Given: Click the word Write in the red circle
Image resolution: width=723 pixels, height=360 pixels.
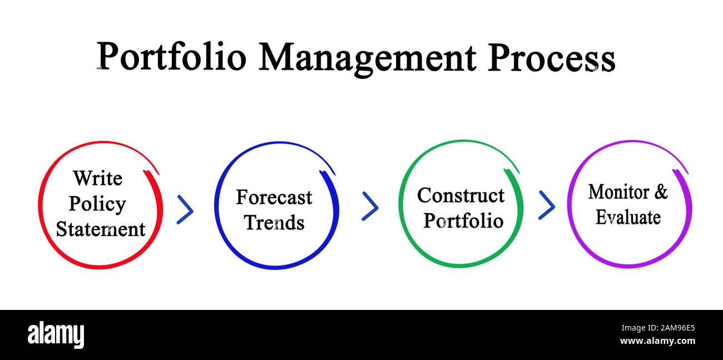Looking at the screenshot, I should click(x=97, y=179).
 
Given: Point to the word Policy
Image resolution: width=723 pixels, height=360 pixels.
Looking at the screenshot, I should click(x=97, y=205).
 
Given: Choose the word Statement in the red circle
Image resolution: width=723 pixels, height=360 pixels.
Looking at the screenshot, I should click(x=101, y=229).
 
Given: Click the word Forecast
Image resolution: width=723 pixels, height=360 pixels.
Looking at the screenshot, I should click(x=274, y=198).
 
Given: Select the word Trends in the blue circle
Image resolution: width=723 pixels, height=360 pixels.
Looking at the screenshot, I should click(x=274, y=223).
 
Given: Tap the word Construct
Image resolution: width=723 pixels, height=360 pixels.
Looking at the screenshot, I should click(x=460, y=195).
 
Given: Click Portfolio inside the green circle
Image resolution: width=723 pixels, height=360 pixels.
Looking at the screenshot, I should click(x=463, y=221).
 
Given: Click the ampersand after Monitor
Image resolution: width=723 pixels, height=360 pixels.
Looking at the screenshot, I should click(x=660, y=192).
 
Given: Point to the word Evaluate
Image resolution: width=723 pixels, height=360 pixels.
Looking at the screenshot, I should click(x=628, y=218).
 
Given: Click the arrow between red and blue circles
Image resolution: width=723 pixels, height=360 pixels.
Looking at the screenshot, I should click(x=185, y=210).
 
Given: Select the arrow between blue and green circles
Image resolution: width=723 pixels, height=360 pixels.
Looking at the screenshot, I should click(x=370, y=206).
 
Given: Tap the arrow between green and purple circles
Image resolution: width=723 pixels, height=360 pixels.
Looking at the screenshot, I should click(x=547, y=205).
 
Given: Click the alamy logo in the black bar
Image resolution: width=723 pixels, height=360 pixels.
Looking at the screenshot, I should click(x=56, y=335).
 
